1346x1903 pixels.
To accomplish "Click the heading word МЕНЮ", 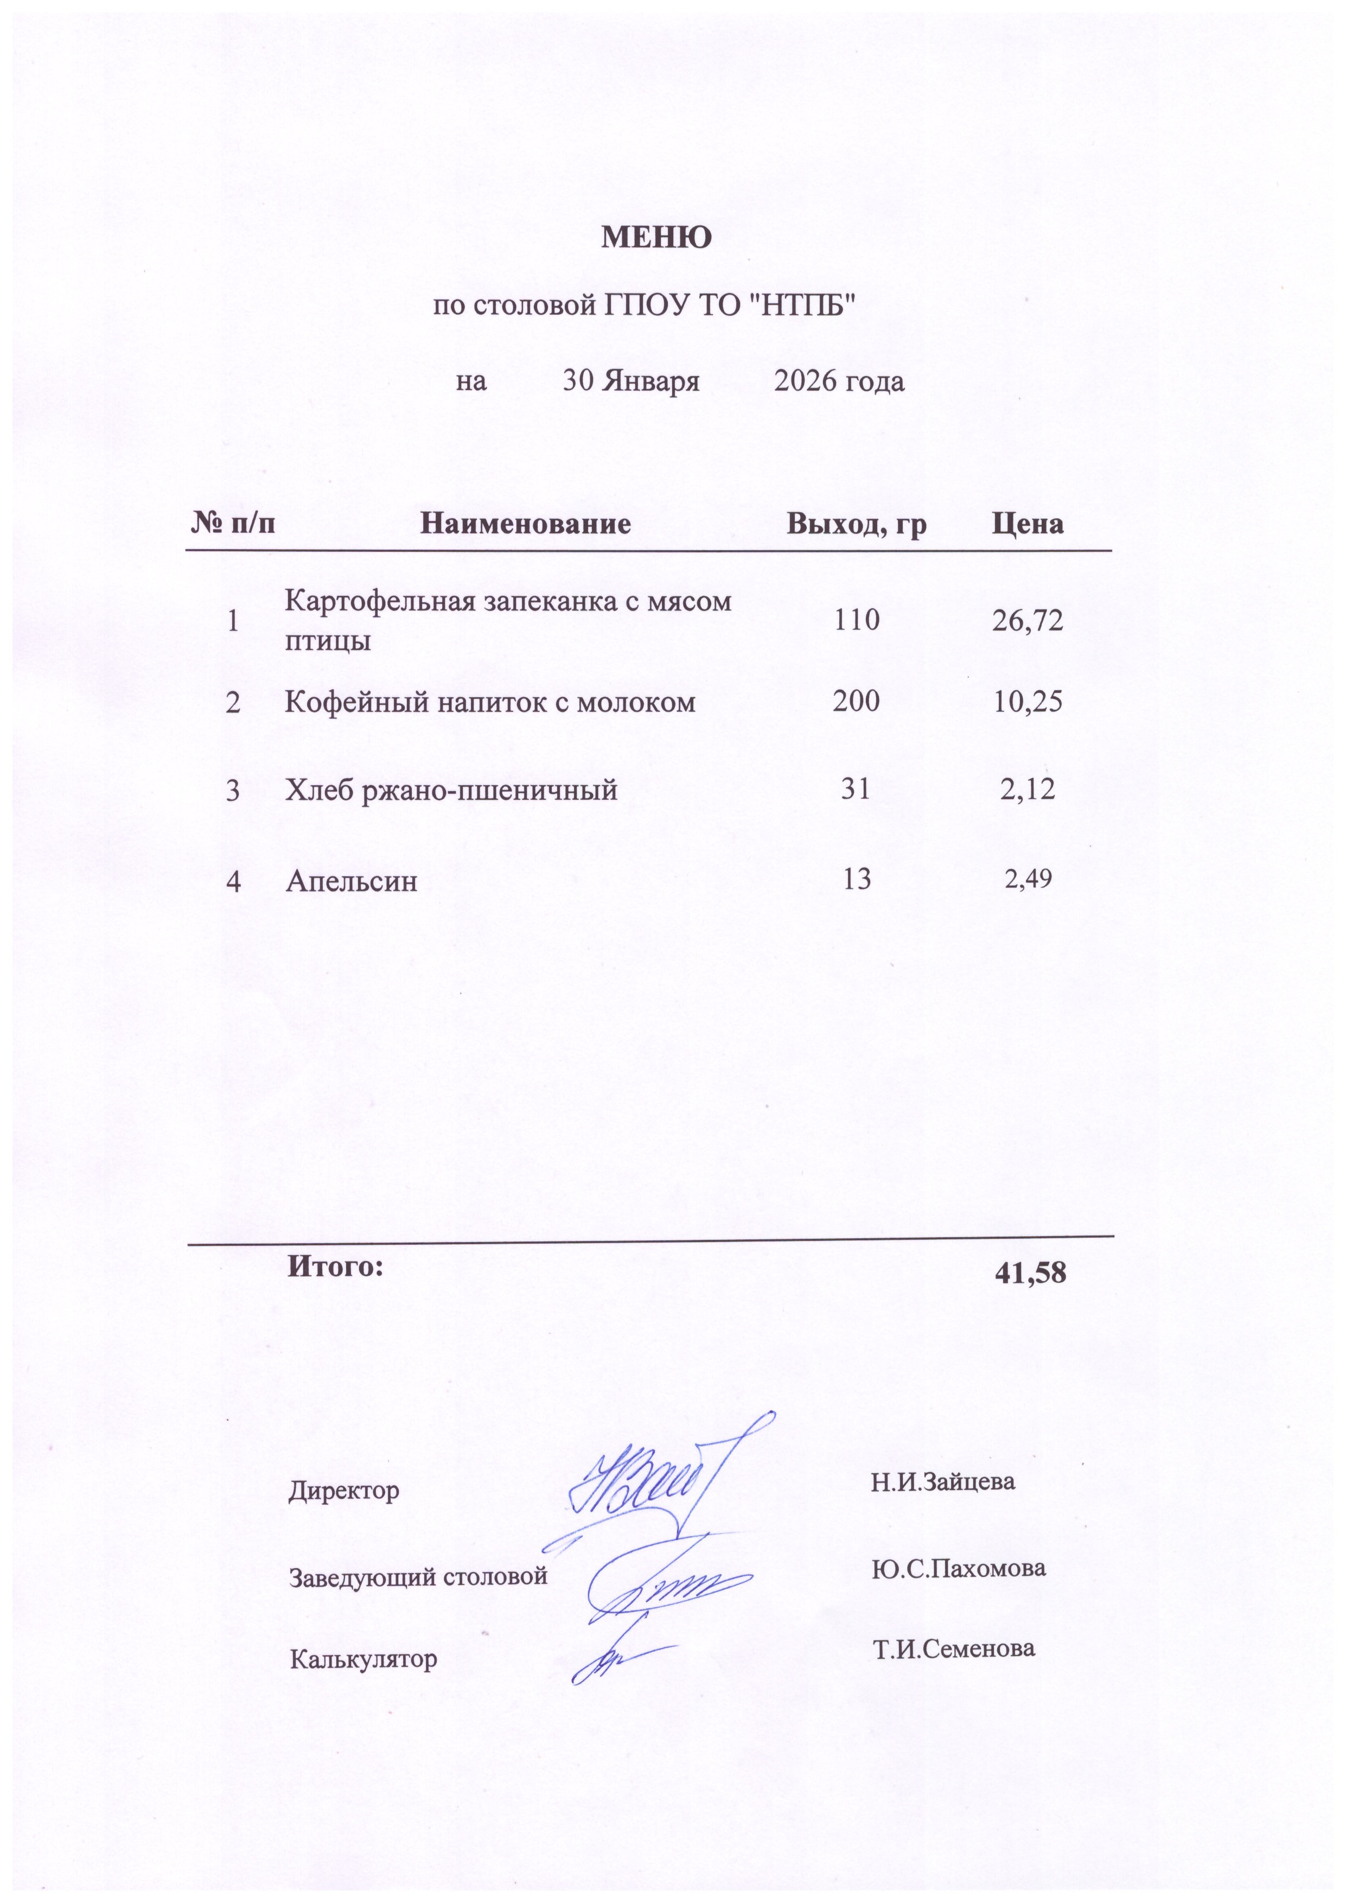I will pyautogui.click(x=655, y=238).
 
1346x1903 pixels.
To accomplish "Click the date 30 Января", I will pyautogui.click(x=631, y=381).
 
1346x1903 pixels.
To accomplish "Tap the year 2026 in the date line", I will pyautogui.click(x=808, y=381).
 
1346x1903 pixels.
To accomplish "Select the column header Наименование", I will pyautogui.click(x=526, y=523).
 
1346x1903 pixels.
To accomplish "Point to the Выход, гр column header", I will pyautogui.click(x=856, y=523).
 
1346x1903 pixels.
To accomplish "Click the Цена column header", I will pyautogui.click(x=1028, y=523).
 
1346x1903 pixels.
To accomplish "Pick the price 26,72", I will pyautogui.click(x=1028, y=620).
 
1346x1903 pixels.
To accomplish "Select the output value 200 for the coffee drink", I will pyautogui.click(x=856, y=701).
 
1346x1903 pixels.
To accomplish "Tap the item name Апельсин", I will pyautogui.click(x=352, y=880).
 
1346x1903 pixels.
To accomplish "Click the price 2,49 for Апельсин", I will pyautogui.click(x=1028, y=878).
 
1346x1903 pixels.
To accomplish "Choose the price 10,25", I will pyautogui.click(x=1028, y=701).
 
